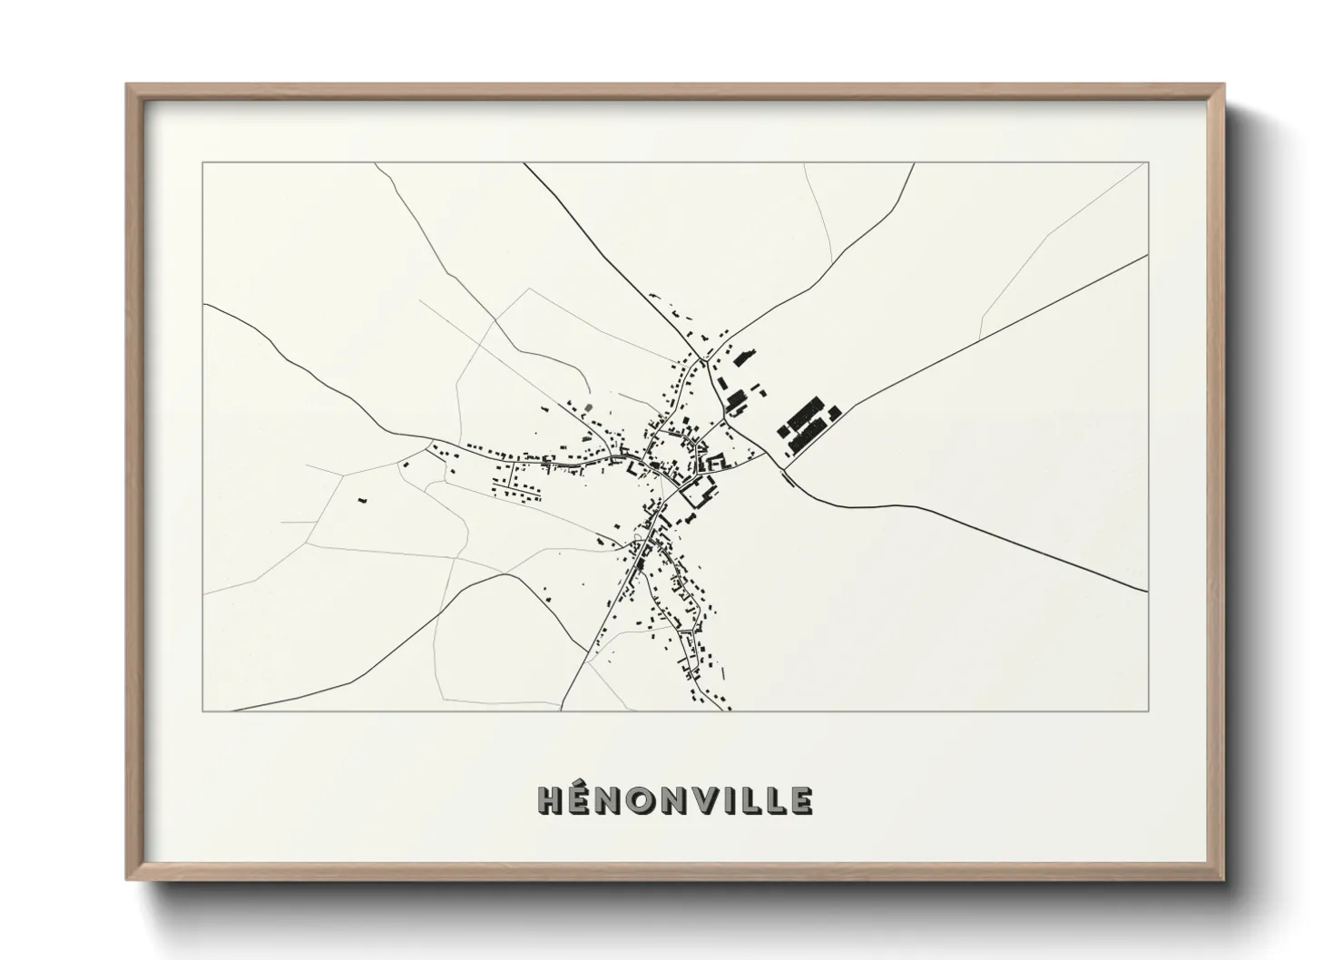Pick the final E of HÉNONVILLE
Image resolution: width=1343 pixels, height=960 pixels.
[x=801, y=801]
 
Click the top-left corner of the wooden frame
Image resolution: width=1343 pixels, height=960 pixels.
[x=128, y=86]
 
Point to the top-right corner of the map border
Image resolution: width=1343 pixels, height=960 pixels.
[x=1148, y=163]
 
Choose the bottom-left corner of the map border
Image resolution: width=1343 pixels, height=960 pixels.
[x=203, y=710]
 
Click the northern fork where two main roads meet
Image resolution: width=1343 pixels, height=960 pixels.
[x=703, y=361]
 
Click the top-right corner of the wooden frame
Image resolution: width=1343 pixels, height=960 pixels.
[x=1222, y=86]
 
